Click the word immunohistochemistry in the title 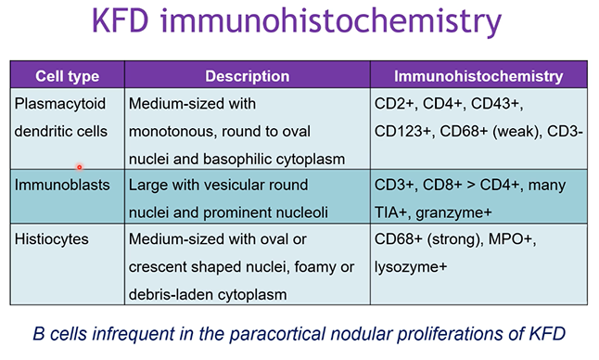pyautogui.click(x=330, y=22)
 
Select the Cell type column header pyautogui.click(x=68, y=76)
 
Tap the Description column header pyautogui.click(x=248, y=76)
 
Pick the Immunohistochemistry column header pyautogui.click(x=478, y=76)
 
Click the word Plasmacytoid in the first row pyautogui.click(x=60, y=104)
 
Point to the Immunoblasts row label pyautogui.click(x=62, y=185)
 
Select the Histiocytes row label pyautogui.click(x=52, y=239)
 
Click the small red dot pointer pyautogui.click(x=80, y=167)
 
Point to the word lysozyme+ pyautogui.click(x=411, y=267)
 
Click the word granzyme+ pyautogui.click(x=453, y=213)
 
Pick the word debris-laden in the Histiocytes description pyautogui.click(x=170, y=295)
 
